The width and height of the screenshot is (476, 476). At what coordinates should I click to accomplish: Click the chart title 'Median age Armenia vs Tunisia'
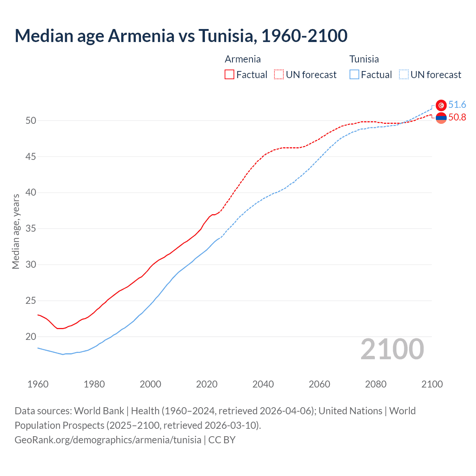tap(181, 36)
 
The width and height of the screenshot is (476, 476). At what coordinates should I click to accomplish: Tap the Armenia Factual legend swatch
tap(229, 75)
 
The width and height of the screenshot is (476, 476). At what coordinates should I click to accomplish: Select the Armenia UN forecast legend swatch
tap(279, 75)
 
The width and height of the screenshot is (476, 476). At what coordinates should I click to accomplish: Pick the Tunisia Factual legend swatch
tap(354, 75)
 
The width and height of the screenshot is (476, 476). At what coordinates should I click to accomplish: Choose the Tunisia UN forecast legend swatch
tap(404, 75)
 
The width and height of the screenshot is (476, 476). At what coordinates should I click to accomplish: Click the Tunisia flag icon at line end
tap(441, 105)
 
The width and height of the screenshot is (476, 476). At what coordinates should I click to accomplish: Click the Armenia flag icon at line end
tap(441, 118)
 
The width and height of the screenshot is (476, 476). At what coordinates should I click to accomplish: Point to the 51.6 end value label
tap(457, 105)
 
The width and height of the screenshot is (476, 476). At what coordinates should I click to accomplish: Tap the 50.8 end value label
tap(457, 118)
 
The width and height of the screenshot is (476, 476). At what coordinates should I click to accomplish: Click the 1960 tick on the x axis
tap(38, 384)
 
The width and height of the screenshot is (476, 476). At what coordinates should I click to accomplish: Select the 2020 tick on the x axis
tap(207, 384)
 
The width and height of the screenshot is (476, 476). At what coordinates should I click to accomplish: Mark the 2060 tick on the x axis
tap(319, 384)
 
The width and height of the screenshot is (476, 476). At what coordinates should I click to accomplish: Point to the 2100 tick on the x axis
tap(432, 384)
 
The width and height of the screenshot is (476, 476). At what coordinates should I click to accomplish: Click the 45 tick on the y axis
tap(31, 157)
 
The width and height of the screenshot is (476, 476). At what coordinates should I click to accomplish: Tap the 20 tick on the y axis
tap(31, 337)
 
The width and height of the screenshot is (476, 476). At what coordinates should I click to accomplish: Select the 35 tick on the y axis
tap(31, 229)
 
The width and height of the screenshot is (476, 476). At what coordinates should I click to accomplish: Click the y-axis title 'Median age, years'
tap(16, 231)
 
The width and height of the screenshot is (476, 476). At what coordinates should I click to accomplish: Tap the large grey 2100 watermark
tap(392, 349)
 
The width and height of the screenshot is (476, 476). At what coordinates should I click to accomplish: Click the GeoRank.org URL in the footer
tap(108, 440)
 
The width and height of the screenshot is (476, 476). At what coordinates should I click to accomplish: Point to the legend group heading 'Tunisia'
tap(364, 59)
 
